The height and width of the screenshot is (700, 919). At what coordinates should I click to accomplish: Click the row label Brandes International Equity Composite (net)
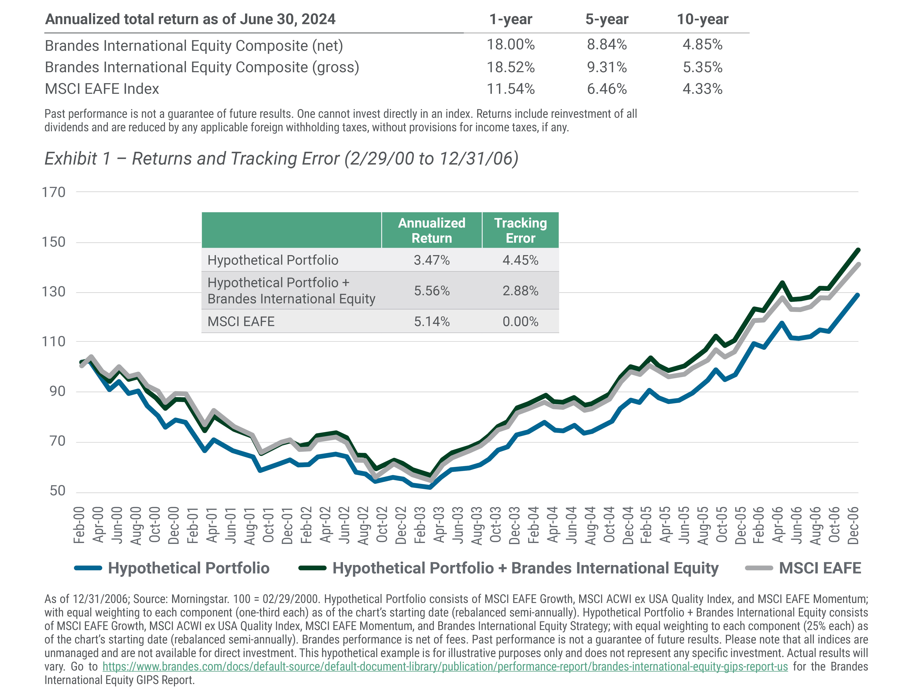[194, 45]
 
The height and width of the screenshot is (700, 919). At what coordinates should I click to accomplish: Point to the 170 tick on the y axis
[54, 192]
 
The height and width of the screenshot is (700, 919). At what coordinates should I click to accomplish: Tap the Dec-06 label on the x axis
[853, 525]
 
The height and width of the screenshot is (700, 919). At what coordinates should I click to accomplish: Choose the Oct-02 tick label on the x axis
[381, 525]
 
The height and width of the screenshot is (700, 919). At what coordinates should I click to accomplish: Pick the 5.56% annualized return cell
[432, 291]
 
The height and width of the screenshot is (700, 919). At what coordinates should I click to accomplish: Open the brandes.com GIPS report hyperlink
[445, 667]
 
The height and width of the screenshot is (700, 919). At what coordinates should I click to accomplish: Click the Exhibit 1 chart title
[281, 159]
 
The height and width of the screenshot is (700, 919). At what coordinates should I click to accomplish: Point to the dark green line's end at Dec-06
[858, 250]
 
